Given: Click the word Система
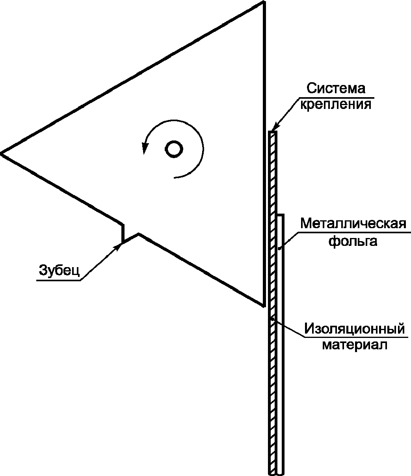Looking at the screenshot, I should point(336,88).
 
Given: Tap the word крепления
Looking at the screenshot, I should point(336,105).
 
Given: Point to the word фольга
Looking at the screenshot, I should point(353,241).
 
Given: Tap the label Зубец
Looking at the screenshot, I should point(60,270).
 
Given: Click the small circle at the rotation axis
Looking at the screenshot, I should point(173,149).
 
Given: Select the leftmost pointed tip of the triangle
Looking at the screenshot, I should point(2,153).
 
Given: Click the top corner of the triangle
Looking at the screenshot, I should point(263,2).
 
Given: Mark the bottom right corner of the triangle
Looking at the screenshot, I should point(263,305).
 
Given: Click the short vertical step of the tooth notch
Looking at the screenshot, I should point(123,233).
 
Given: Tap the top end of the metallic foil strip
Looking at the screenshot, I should point(280,216).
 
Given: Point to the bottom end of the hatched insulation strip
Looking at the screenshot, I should point(272,473).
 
